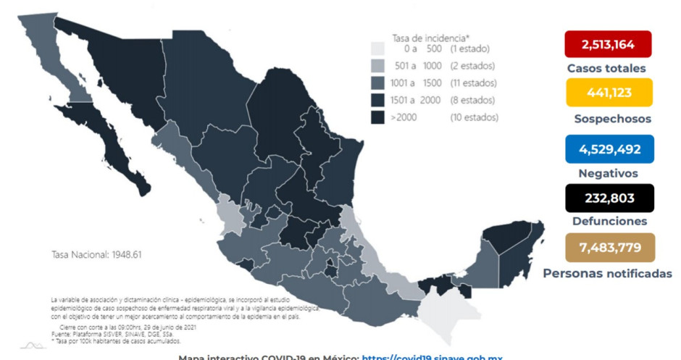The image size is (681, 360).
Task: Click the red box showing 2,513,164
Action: coord(608,44)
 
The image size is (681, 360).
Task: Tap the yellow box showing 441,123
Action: coord(609,93)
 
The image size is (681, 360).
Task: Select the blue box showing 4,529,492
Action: coord(609,148)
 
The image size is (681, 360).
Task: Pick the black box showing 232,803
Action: coord(609,198)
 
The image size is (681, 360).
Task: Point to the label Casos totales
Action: coord(607,69)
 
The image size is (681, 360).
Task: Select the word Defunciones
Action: coord(609,222)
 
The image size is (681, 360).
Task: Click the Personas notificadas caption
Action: coord(607,273)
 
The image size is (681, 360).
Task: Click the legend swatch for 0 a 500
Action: coord(377,49)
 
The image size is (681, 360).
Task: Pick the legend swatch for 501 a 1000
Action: coord(377,66)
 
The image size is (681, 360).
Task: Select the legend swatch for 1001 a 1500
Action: coord(377,83)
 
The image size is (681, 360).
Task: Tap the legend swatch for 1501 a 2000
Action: coord(377,99)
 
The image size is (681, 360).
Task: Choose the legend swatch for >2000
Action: coord(377,116)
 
